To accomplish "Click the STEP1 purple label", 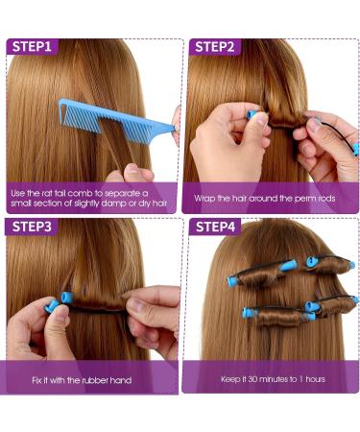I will [x=32, y=46].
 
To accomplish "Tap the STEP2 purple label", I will [x=217, y=46].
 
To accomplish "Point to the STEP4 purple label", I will [x=218, y=227].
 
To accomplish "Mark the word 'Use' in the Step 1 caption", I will [x=20, y=192].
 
